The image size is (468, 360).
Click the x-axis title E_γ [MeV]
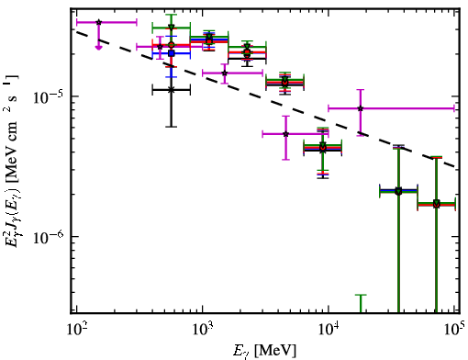tap(264, 351)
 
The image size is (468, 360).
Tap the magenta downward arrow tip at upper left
tap(98, 48)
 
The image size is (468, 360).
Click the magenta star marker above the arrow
tap(98, 22)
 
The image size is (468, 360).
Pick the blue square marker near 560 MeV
tap(172, 53)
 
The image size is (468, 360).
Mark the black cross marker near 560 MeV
tap(172, 90)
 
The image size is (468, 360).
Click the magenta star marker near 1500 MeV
tap(225, 73)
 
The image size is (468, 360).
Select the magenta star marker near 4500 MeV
tap(285, 134)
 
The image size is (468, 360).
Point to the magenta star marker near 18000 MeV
tap(361, 108)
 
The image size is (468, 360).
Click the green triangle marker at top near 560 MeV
tap(172, 28)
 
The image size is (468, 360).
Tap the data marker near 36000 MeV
tap(398, 191)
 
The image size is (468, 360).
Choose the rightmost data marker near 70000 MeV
tap(437, 204)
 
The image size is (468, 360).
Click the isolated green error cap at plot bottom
tap(361, 295)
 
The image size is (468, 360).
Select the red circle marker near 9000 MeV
tap(323, 148)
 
